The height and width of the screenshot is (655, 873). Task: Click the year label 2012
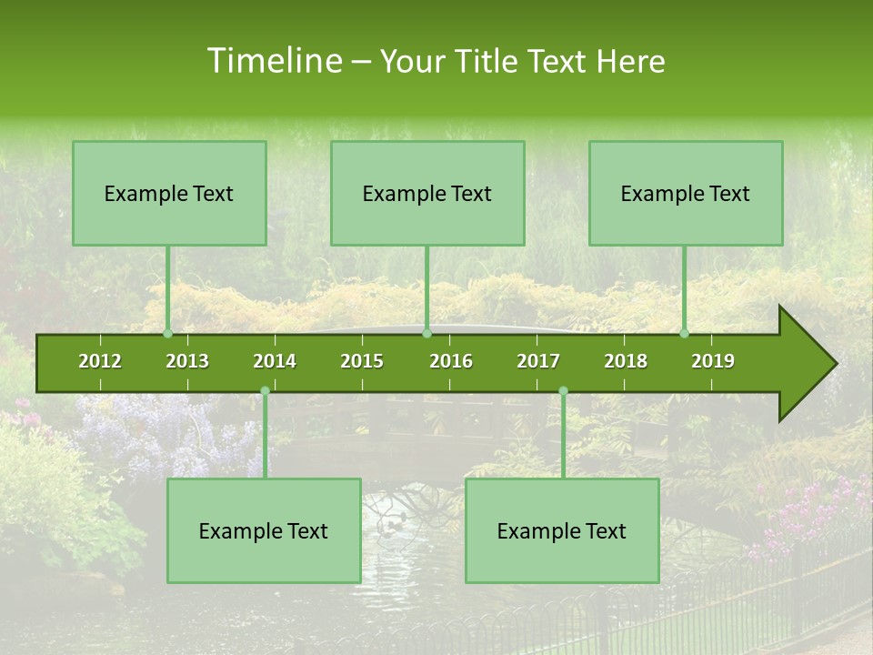pos(100,361)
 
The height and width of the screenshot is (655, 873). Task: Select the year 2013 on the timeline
pos(187,361)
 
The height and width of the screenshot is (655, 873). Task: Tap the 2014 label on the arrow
pos(275,361)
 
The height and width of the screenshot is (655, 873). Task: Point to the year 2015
pos(362,361)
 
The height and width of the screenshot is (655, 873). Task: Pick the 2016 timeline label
pos(451,361)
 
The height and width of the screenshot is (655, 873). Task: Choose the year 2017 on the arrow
pos(538,361)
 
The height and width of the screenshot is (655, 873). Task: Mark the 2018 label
pos(626,361)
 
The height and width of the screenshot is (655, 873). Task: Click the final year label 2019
pos(713,361)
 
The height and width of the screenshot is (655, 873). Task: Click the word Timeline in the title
pos(272,61)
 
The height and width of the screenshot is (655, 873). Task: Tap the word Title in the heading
pos(491,61)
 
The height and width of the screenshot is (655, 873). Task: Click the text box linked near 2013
pos(169,194)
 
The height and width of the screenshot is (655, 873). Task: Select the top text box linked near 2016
pos(427,194)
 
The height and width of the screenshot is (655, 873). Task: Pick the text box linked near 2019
pos(686,194)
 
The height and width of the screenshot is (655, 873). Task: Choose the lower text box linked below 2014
pos(264,531)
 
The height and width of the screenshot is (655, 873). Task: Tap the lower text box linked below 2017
pos(562,531)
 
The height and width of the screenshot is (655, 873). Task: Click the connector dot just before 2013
pos(168,333)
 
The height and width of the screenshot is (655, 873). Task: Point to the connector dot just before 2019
pos(684,333)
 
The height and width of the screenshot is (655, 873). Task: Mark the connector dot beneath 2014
pos(265,391)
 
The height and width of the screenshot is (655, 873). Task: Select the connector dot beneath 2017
pos(563,391)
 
